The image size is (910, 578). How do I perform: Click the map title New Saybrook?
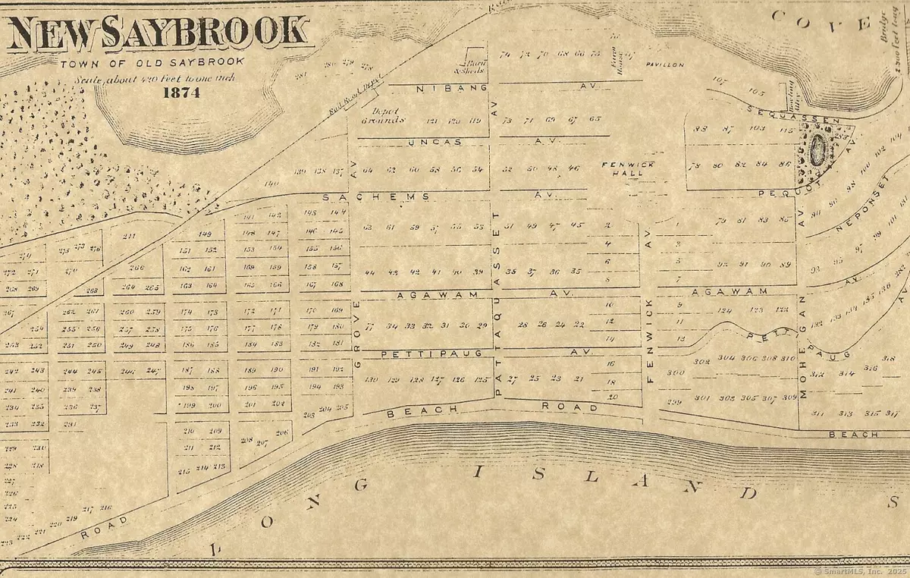click(x=157, y=34)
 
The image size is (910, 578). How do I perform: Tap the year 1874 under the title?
click(x=180, y=93)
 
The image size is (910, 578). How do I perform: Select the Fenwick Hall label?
click(x=622, y=168)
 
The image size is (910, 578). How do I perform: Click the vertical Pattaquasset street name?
click(x=498, y=303)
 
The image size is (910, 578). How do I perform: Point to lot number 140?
click(x=272, y=184)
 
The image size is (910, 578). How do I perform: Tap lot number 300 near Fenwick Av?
click(x=675, y=372)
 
